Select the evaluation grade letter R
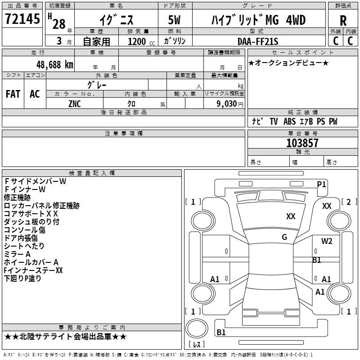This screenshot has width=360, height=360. [x=343, y=21]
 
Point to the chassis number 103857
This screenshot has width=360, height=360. [x=302, y=143]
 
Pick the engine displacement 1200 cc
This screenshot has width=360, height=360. [x=138, y=41]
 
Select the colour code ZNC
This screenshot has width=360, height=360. [x=75, y=103]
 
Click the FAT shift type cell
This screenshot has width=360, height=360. [x=13, y=94]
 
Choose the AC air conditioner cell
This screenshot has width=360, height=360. [x=35, y=94]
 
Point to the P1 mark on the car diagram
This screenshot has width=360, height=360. [x=321, y=184]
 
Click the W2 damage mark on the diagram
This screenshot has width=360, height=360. [x=327, y=241]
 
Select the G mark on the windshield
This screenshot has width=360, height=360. [x=284, y=237]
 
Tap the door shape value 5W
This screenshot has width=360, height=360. [x=175, y=20]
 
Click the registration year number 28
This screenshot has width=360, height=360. [x=58, y=24]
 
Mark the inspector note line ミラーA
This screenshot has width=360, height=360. [x=17, y=254]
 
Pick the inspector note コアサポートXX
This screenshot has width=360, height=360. [x=31, y=213]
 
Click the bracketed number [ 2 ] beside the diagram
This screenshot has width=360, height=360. [x=349, y=202]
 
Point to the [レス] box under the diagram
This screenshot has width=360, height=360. [x=197, y=344]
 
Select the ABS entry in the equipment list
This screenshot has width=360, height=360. [x=290, y=121]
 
